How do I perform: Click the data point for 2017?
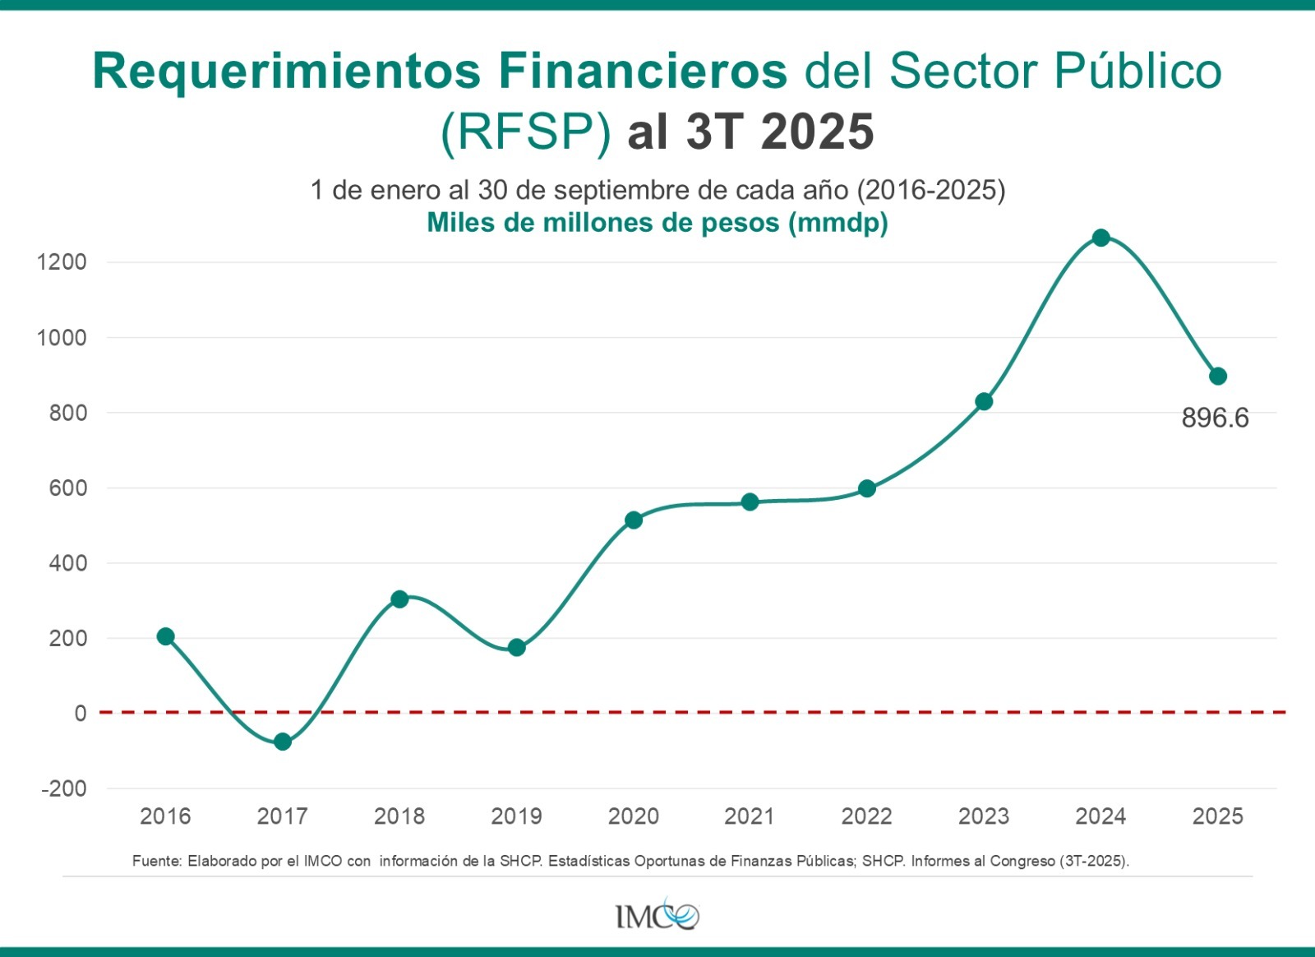click(283, 742)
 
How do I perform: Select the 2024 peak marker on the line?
click(1101, 238)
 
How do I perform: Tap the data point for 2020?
click(634, 520)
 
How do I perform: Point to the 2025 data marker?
click(1218, 376)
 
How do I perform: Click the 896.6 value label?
click(1215, 418)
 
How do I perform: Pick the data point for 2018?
click(399, 599)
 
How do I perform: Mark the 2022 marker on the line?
click(867, 488)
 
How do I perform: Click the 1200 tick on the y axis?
click(62, 262)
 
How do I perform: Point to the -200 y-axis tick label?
click(64, 788)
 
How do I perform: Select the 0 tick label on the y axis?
click(80, 713)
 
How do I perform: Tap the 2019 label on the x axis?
click(516, 816)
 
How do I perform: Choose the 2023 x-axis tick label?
click(984, 816)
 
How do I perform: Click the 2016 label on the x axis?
click(165, 816)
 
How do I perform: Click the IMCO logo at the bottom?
click(657, 914)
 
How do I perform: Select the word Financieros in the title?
click(643, 71)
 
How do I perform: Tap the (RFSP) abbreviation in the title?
click(526, 132)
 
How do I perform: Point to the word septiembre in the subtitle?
click(622, 190)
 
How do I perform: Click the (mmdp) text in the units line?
click(838, 223)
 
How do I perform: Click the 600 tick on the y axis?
click(67, 488)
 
